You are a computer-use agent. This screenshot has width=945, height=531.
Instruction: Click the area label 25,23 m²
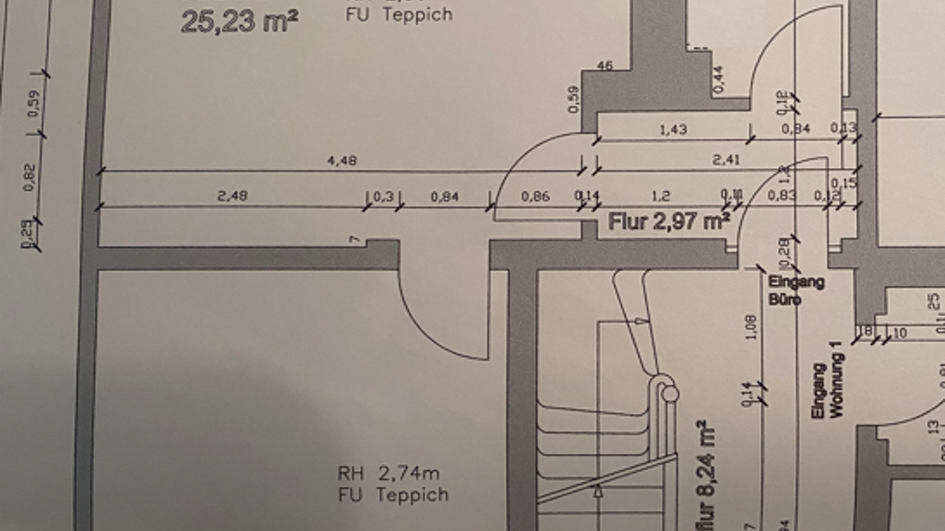(x=238, y=21)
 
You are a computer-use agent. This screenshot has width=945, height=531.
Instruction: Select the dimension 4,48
(x=341, y=161)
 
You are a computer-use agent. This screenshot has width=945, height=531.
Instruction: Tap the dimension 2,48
(x=233, y=195)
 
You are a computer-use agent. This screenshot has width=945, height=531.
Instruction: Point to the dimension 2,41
(x=726, y=160)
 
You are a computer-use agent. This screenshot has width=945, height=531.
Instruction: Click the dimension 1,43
(x=673, y=130)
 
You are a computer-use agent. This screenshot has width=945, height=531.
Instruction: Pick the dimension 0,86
(x=535, y=196)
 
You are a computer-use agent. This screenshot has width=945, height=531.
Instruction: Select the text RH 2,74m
(x=388, y=474)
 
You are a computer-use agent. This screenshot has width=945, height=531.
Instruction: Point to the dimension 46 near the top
(x=605, y=65)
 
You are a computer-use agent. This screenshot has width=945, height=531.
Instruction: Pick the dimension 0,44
(x=719, y=80)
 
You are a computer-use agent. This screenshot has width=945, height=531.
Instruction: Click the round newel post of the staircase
(x=671, y=394)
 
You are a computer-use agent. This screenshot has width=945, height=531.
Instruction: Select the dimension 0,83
(x=781, y=195)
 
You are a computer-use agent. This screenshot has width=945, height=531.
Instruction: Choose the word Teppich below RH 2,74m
(x=412, y=495)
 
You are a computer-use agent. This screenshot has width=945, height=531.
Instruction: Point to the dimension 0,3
(x=382, y=196)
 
